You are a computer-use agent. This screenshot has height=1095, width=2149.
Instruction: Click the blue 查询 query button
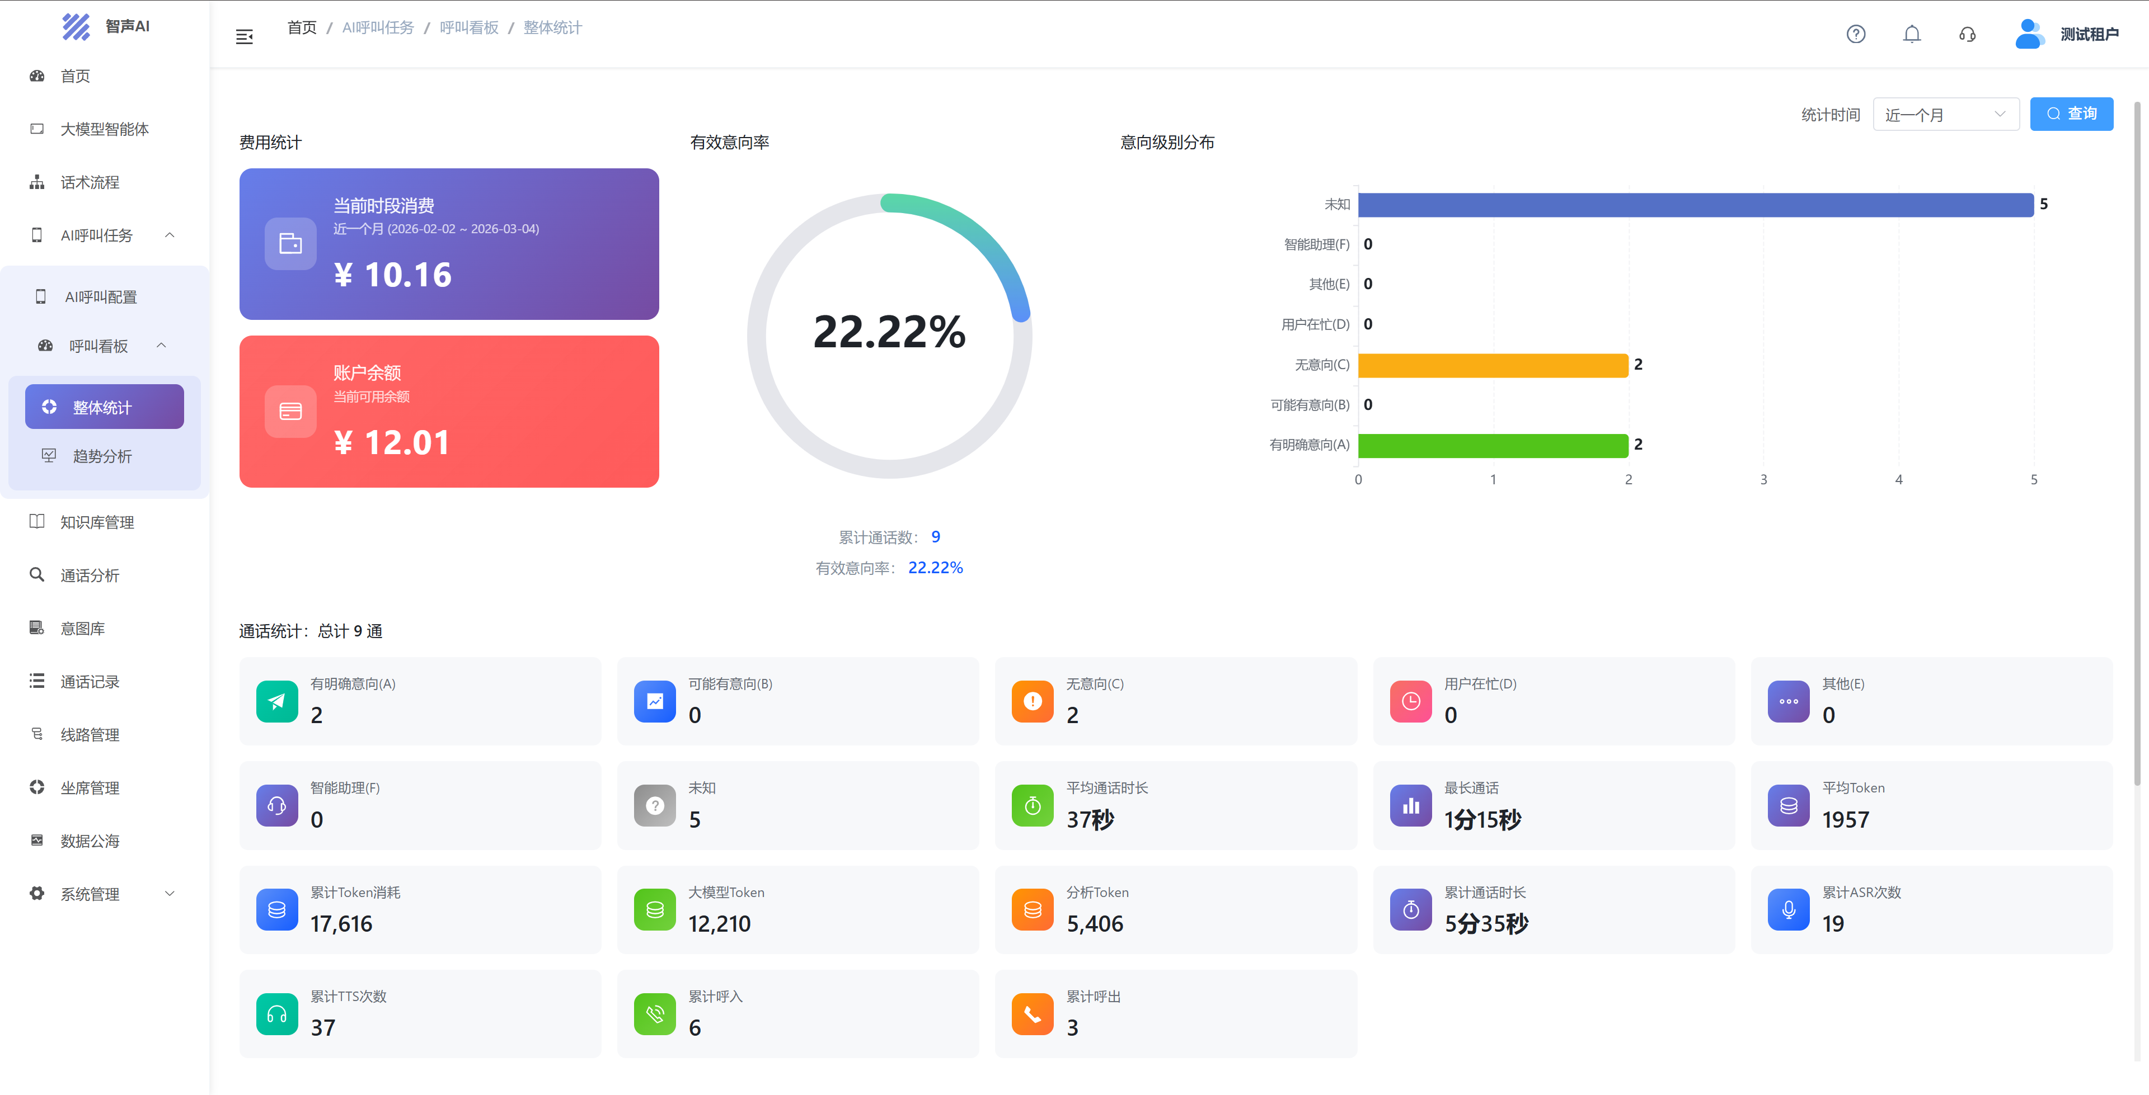click(2071, 114)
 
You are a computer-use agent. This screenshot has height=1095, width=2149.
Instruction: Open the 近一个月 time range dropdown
click(1945, 114)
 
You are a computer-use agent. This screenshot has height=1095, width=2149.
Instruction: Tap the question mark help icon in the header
click(1855, 34)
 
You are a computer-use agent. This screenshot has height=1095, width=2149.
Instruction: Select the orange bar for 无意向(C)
click(1493, 365)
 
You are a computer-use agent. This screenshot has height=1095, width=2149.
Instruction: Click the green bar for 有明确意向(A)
click(1493, 445)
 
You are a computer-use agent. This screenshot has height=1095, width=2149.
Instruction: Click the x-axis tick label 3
click(1763, 479)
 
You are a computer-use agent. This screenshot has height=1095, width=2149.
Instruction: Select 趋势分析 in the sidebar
click(102, 456)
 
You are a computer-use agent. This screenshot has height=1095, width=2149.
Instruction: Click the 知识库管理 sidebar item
click(97, 522)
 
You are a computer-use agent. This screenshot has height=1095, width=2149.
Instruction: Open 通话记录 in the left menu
click(90, 681)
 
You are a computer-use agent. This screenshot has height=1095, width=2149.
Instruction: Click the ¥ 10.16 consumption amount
click(393, 275)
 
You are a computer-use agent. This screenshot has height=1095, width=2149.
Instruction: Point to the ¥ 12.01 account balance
click(392, 442)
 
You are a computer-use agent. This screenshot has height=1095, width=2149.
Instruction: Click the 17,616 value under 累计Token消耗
click(341, 923)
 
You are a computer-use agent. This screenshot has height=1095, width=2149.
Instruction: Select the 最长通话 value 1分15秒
click(1482, 820)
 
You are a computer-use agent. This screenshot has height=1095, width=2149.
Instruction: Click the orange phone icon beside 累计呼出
click(1032, 1014)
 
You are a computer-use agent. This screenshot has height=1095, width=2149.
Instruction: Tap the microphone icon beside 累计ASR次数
click(1789, 910)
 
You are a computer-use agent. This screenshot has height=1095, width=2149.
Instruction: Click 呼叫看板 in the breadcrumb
click(469, 27)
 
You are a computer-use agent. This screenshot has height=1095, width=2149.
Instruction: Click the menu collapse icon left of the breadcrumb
click(245, 37)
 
